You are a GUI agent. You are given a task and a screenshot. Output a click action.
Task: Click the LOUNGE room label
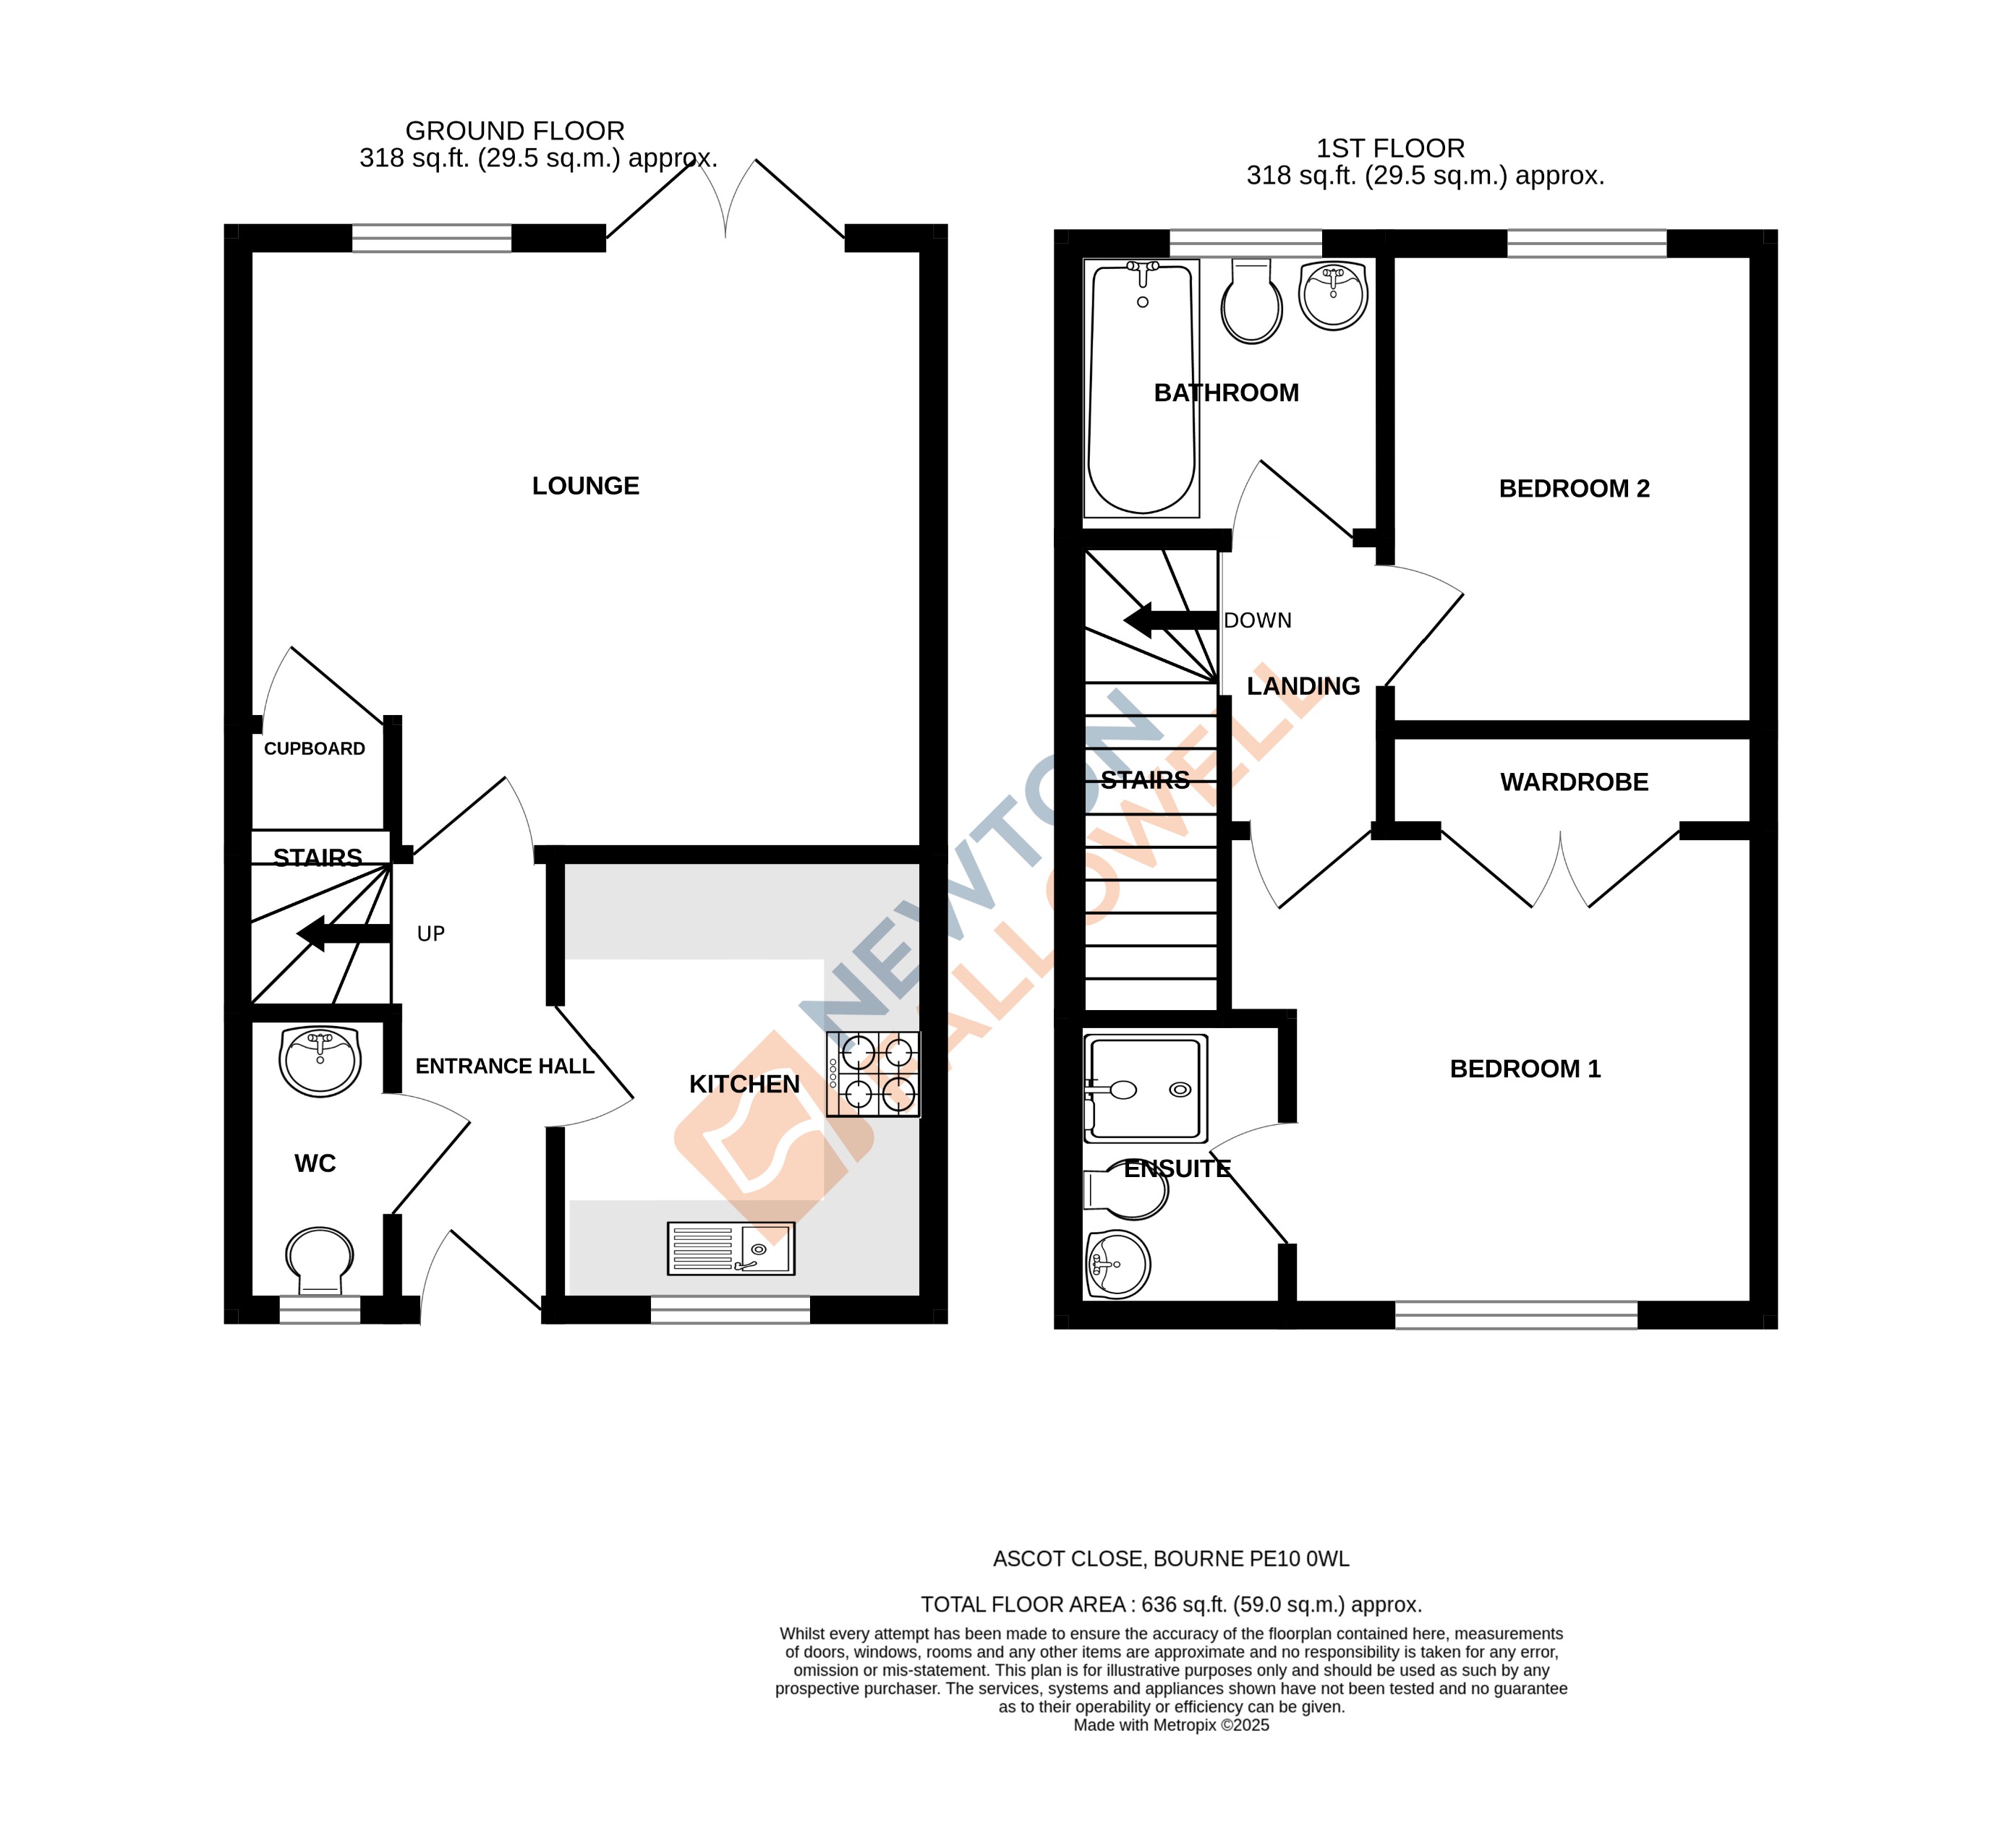point(585,486)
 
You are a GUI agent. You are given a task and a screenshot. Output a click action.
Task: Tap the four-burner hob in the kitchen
point(873,1074)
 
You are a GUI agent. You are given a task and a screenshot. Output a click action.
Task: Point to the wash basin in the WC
point(320,1061)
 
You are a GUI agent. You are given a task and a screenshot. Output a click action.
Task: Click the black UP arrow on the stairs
point(343,933)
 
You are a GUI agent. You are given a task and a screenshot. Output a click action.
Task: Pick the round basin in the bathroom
point(1333,295)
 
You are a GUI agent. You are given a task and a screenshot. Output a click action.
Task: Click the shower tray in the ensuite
point(1145,1087)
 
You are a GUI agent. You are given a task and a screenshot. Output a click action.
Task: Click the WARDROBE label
point(1573,782)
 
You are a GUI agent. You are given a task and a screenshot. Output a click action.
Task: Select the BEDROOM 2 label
point(1573,489)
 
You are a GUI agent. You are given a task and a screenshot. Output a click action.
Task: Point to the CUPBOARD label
point(314,748)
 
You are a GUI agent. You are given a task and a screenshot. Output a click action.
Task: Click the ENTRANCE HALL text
point(504,1066)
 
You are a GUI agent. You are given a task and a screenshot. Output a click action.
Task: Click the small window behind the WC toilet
point(319,1309)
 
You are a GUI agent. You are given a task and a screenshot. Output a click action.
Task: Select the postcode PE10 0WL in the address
point(1299,1559)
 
